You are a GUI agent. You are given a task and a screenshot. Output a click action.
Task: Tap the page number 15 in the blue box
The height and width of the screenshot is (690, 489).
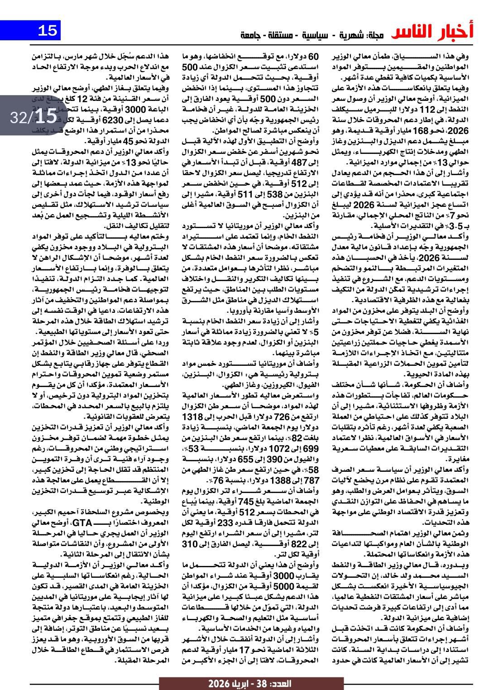[47, 31]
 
